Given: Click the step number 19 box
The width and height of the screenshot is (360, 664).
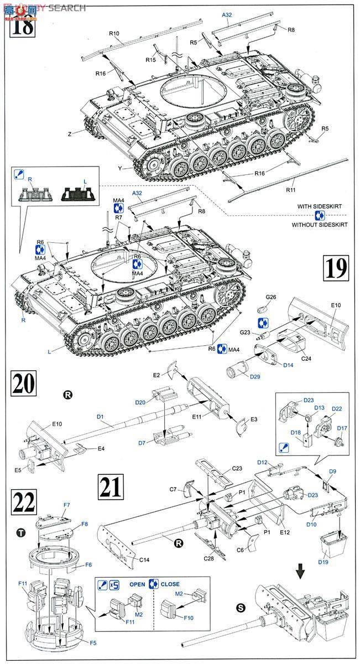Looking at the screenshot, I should pyautogui.click(x=336, y=268).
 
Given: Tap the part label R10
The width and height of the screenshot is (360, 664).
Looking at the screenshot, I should pyautogui.click(x=114, y=34).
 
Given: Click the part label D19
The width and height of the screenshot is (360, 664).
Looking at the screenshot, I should pyautogui.click(x=324, y=562).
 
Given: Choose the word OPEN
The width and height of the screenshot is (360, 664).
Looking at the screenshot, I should pyautogui.click(x=137, y=584).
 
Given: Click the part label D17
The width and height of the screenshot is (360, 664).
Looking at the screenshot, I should pyautogui.click(x=342, y=428).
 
